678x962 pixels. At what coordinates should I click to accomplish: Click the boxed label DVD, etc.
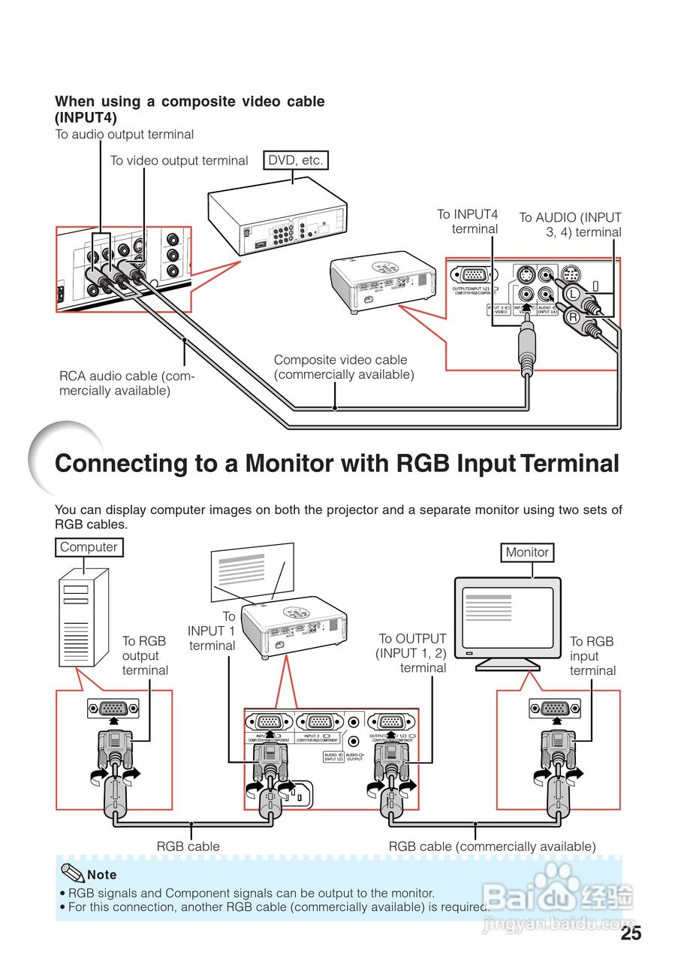[x=296, y=160]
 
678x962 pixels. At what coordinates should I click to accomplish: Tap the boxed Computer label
[x=89, y=547]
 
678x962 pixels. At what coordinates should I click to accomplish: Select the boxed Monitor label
[x=526, y=552]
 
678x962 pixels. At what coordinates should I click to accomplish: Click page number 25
[x=631, y=934]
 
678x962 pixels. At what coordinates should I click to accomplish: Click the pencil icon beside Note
[x=73, y=873]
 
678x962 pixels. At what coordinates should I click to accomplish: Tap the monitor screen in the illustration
[x=507, y=619]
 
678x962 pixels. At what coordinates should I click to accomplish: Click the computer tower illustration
[x=83, y=616]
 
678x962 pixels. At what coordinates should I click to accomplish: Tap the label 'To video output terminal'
[x=179, y=161]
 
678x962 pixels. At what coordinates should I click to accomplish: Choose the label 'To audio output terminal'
[x=125, y=135]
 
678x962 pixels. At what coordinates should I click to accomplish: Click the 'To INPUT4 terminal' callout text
[x=469, y=222]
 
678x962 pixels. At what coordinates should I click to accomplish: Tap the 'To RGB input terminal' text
[x=592, y=656]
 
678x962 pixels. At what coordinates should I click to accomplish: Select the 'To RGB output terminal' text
[x=144, y=655]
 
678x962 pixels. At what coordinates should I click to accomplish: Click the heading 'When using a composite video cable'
[x=190, y=101]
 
